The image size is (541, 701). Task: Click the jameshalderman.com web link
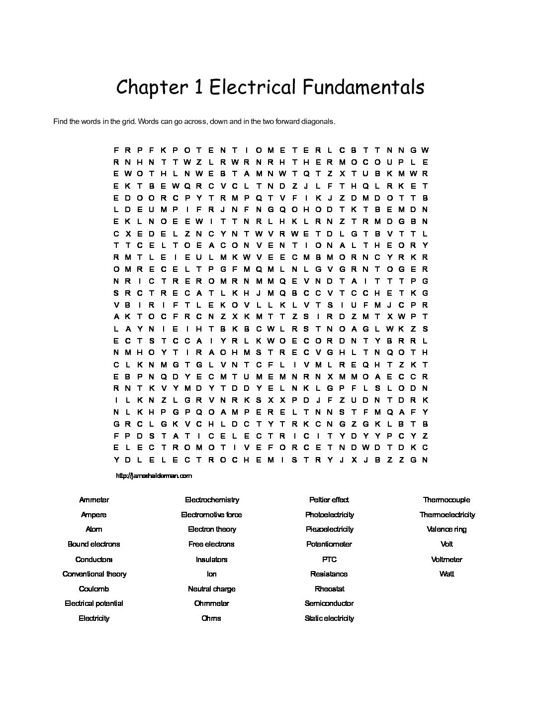(x=154, y=475)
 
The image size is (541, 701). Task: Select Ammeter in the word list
(x=94, y=500)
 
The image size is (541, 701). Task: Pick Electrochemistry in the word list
(x=212, y=500)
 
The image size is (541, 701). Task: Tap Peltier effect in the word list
(x=329, y=500)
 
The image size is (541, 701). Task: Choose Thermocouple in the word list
(x=447, y=500)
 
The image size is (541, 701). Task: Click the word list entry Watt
(x=447, y=574)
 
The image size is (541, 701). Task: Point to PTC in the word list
(x=329, y=559)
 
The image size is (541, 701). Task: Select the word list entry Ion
(x=212, y=574)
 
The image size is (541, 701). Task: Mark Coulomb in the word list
(x=94, y=589)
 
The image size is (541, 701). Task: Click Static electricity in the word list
(x=329, y=618)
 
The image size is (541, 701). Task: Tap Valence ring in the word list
(x=447, y=529)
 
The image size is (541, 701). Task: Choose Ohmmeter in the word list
(x=212, y=603)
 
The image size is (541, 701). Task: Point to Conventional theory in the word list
(x=94, y=574)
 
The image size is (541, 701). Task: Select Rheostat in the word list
(x=329, y=589)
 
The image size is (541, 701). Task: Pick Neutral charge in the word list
(x=212, y=589)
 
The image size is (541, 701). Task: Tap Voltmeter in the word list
(x=447, y=559)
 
